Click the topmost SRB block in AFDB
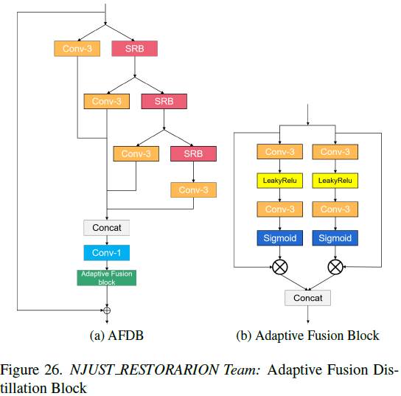click(x=134, y=49)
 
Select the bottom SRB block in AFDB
click(x=193, y=153)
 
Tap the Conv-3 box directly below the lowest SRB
click(x=193, y=190)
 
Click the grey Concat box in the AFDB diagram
click(x=107, y=228)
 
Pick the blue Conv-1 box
click(x=107, y=253)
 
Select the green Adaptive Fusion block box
click(x=107, y=278)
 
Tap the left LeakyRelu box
click(x=279, y=181)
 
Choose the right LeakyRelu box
click(x=335, y=181)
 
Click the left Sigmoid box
click(x=279, y=238)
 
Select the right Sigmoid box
click(x=335, y=238)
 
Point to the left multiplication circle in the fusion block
click(x=279, y=267)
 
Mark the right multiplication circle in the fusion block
click(x=335, y=267)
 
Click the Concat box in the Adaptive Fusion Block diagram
click(x=307, y=297)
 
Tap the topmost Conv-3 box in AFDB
click(x=77, y=49)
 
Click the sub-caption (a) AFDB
click(x=116, y=336)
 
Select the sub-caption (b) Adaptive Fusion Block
click(x=307, y=336)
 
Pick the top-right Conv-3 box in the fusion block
click(x=335, y=152)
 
